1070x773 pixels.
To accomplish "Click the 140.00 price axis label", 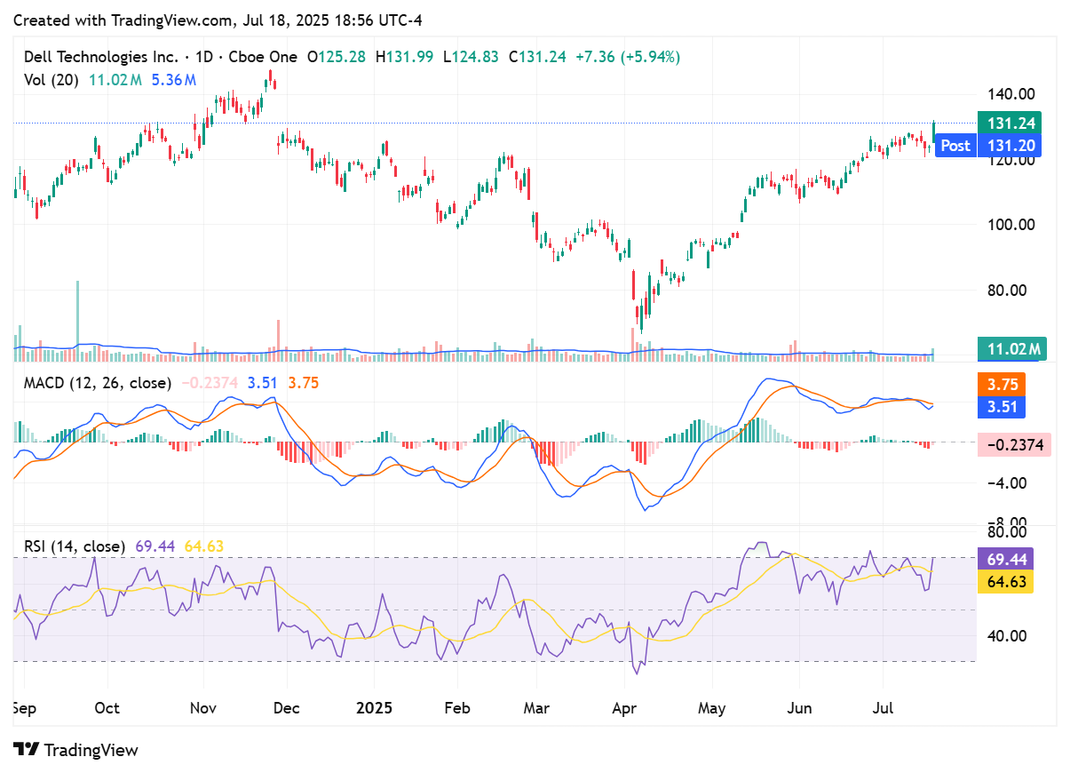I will point(1012,94).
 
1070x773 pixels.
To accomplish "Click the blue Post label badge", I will point(955,146).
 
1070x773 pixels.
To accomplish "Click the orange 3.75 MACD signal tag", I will point(1003,385).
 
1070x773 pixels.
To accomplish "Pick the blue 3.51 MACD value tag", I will point(1003,407).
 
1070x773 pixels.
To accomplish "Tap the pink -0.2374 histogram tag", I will point(1013,444).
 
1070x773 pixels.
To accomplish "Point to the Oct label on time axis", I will point(107,708).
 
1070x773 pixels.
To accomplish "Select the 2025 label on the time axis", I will point(373,708).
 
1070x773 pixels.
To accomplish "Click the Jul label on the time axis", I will point(883,708).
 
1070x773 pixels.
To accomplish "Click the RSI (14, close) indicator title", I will point(75,546).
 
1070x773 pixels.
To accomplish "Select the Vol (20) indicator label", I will point(51,79).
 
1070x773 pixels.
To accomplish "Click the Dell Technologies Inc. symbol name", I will point(100,57).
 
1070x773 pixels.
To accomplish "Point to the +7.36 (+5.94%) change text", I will point(627,57).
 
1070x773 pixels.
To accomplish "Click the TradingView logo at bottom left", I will point(76,750).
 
